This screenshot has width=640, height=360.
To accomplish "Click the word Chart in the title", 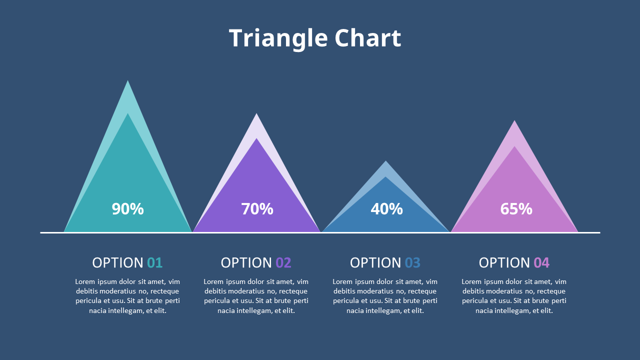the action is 368,37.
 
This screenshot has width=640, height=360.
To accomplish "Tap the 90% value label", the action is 127,209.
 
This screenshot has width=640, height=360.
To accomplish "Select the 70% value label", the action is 257,209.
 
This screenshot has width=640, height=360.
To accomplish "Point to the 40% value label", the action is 387,209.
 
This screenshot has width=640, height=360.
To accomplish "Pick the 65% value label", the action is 516,209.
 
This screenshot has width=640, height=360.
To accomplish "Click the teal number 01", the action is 155,263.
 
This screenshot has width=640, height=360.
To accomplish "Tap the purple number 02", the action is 283,263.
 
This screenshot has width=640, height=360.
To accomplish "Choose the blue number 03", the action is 412,263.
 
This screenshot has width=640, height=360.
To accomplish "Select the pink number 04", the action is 541,263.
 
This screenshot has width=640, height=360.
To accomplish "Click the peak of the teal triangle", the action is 127,80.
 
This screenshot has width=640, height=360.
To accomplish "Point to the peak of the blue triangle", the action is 385,161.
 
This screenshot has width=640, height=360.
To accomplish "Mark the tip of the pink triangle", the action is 514,120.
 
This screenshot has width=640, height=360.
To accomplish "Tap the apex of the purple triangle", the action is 256,113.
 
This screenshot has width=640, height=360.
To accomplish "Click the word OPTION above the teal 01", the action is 117,263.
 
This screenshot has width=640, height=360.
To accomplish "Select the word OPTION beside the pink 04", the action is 504,263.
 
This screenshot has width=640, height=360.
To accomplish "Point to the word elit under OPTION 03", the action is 417,310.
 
